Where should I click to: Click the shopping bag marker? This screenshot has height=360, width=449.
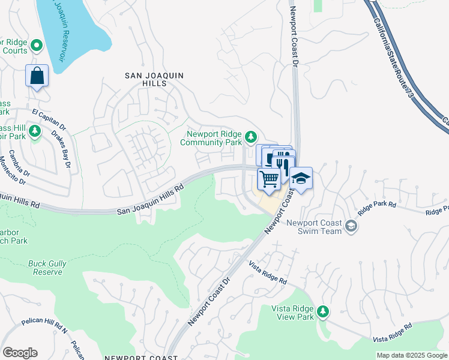coord(37,76)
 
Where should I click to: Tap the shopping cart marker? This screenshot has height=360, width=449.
coord(270,179)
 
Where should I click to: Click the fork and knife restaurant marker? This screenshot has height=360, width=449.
coord(284,163)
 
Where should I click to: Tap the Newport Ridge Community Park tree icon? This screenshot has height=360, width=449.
coord(251,137)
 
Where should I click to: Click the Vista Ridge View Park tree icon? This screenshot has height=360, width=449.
coord(323,311)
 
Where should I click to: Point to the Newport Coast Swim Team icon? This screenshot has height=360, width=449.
coord(351,226)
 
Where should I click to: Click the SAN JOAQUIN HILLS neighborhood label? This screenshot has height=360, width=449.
coord(154,80)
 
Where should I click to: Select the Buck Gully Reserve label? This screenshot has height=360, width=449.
coord(45,268)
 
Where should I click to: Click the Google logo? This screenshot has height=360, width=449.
coord(20,352)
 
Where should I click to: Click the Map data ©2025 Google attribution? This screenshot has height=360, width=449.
coord(411,355)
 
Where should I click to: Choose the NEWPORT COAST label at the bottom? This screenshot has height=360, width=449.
coord(141,357)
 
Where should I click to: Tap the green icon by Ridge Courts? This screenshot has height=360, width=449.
coord(36,45)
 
